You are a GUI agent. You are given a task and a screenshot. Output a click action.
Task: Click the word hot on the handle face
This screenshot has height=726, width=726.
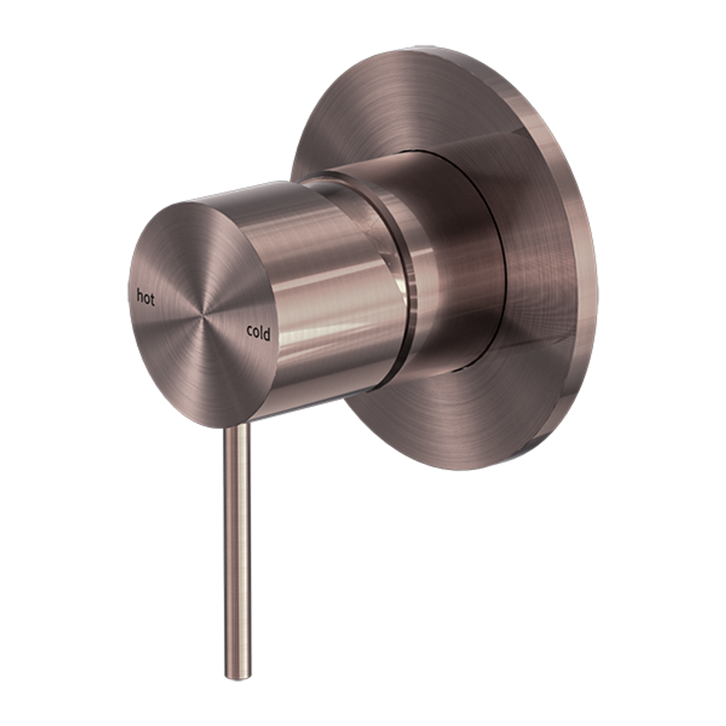click(145, 297)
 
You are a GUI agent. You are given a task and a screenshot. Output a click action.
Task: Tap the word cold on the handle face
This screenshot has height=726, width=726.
click(258, 332)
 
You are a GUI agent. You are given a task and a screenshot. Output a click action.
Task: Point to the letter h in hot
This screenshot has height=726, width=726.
click(139, 296)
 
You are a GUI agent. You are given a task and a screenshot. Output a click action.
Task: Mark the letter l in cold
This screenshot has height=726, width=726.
click(262, 331)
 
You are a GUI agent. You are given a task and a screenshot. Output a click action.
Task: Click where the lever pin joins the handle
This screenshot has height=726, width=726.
click(237, 428)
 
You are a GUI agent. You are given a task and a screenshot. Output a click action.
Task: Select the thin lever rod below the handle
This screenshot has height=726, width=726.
click(239, 551)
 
